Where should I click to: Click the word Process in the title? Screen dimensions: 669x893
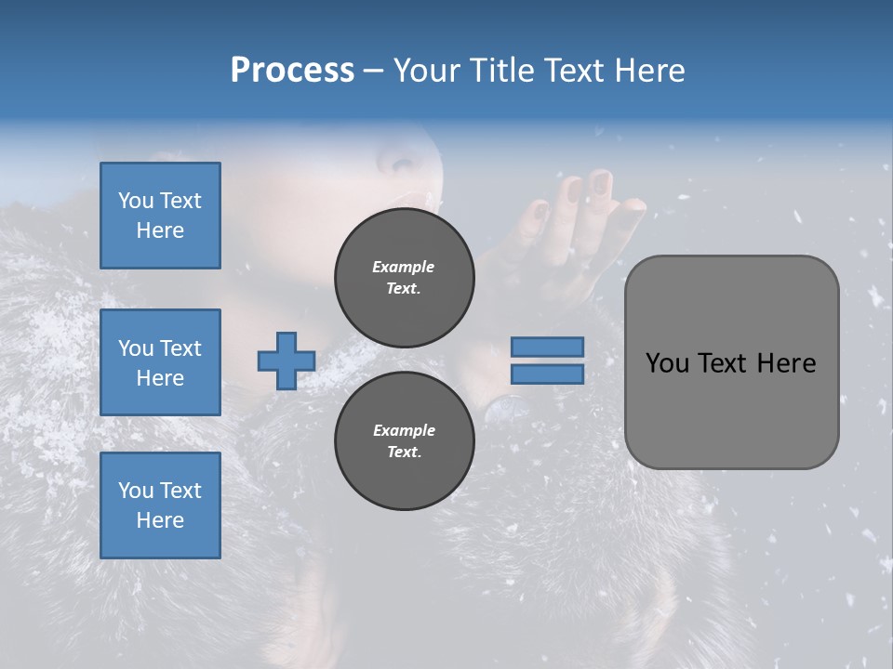[x=292, y=71]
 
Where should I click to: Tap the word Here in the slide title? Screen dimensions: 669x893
[x=648, y=71]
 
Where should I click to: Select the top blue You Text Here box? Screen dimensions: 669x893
[x=160, y=216]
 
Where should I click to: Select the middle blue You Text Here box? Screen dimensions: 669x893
[x=160, y=362]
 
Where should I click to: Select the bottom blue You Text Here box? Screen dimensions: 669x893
[x=160, y=505]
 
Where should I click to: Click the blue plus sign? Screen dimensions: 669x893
[x=287, y=361]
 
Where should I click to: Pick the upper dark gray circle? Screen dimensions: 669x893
[x=404, y=278]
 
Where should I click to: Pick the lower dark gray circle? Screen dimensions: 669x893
[x=404, y=441]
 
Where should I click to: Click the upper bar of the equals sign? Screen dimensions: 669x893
[x=547, y=348]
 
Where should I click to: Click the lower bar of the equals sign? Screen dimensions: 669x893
[x=547, y=374]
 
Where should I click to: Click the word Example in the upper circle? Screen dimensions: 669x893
[x=404, y=267]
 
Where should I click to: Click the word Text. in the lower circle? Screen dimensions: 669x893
[x=404, y=453]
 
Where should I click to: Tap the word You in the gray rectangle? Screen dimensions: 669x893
[x=666, y=363]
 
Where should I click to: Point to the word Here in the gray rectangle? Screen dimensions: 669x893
[x=786, y=363]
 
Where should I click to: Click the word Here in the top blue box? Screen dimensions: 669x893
[x=160, y=230]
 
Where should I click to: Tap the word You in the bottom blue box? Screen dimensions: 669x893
[x=136, y=491]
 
